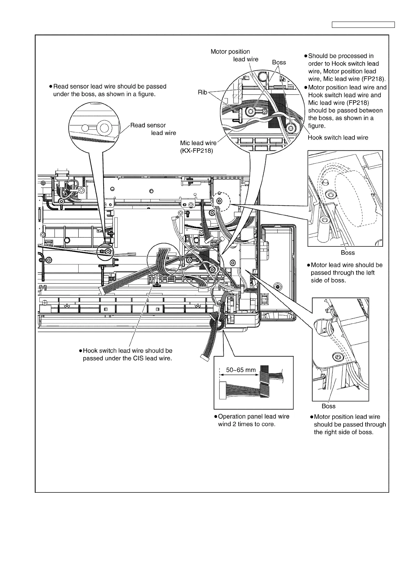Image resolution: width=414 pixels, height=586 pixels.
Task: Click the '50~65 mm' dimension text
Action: coord(241,370)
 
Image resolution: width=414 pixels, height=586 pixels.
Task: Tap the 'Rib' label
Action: coord(202,93)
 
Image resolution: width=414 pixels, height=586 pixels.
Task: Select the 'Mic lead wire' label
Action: coord(198,143)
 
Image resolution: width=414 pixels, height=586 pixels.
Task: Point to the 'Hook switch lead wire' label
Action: coord(338,138)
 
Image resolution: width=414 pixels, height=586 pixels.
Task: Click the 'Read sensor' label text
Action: coord(148,125)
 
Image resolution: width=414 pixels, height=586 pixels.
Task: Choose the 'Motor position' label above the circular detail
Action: coord(230,52)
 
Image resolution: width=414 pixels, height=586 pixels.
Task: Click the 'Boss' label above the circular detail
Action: coord(279,62)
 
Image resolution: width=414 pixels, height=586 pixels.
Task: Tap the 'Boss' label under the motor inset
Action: coord(348,253)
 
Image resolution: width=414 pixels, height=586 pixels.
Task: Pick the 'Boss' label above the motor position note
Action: coord(328,406)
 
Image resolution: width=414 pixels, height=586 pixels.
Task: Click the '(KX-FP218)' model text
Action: coord(196,151)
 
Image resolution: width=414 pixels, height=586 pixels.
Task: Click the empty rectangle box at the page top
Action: coord(363,25)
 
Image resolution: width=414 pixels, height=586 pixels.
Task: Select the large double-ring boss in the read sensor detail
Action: coord(103,128)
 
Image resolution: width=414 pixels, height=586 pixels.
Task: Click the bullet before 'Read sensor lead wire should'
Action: coord(50,86)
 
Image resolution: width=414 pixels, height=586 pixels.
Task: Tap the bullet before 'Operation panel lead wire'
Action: coord(216,417)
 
